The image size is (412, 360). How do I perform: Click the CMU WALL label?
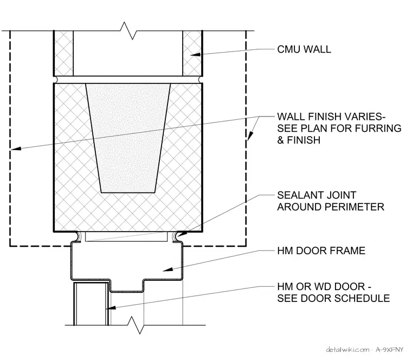click(x=304, y=49)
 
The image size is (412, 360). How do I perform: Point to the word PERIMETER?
click(x=355, y=207)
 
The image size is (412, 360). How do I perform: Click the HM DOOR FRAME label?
click(x=321, y=250)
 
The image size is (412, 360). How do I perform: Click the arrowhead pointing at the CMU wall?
click(x=195, y=55)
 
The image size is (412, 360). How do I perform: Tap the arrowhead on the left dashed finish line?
click(x=16, y=149)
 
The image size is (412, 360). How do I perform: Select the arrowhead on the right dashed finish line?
click(x=250, y=136)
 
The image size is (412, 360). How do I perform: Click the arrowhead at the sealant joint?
click(x=182, y=234)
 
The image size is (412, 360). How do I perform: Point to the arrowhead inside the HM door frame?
click(x=168, y=269)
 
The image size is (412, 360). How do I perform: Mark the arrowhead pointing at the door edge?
click(x=111, y=307)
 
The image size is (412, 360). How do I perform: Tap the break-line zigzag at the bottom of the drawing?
click(x=136, y=325)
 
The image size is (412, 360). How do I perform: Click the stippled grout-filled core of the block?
click(x=128, y=138)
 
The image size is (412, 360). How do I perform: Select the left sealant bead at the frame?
click(x=78, y=236)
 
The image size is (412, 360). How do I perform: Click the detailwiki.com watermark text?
click(x=347, y=350)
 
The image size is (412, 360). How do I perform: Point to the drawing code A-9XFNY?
click(x=389, y=350)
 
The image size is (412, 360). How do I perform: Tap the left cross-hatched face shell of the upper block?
click(x=63, y=53)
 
